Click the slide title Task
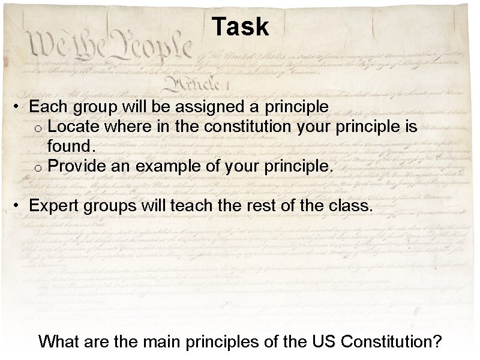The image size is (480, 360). click(x=240, y=27)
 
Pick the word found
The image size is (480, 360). click(x=71, y=146)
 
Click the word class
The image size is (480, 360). click(x=354, y=206)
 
